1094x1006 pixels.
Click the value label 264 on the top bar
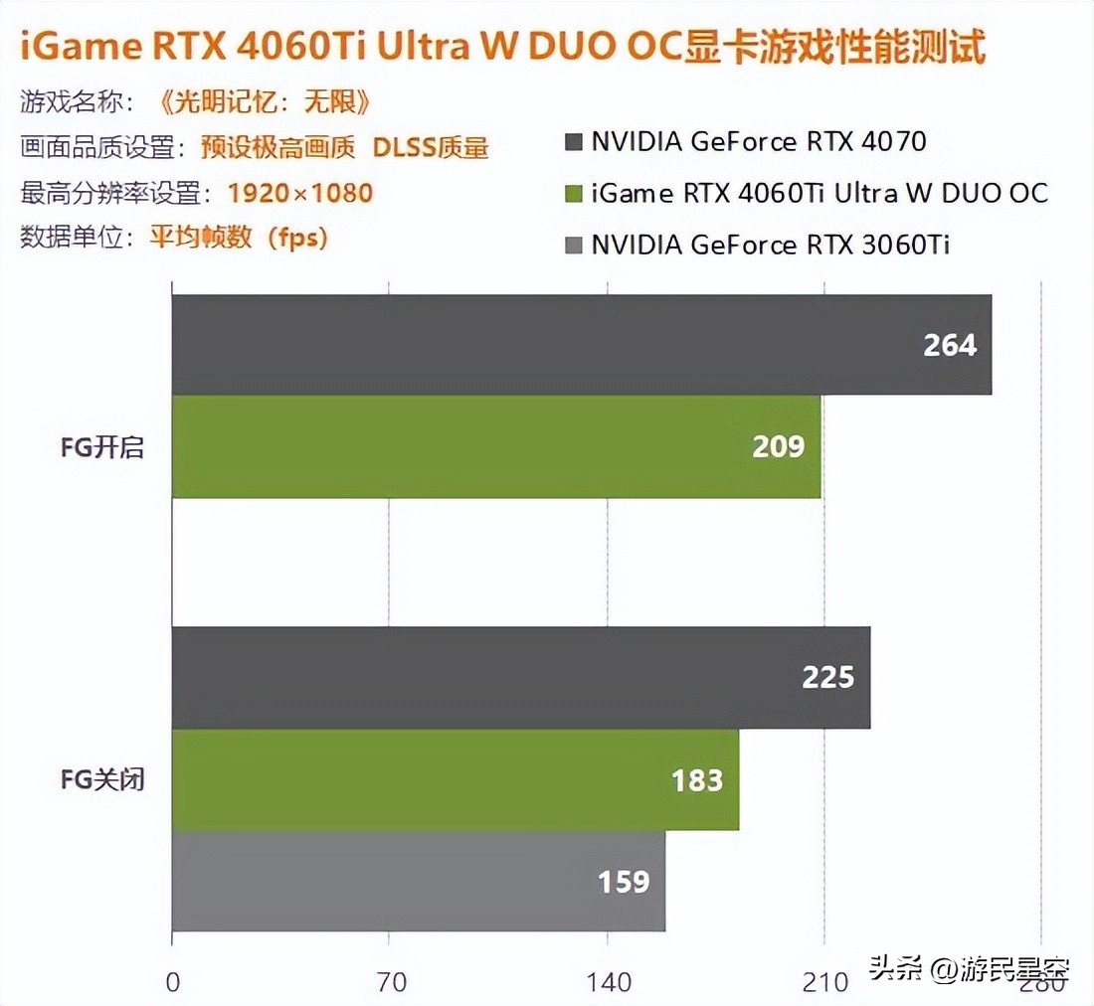(950, 345)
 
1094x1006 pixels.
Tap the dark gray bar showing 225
(520, 677)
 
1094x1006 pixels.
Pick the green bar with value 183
(455, 779)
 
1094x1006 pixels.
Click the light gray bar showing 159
(418, 881)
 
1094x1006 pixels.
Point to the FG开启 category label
(102, 447)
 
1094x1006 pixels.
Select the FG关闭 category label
(102, 779)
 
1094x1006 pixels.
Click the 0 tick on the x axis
(173, 983)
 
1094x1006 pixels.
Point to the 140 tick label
(608, 983)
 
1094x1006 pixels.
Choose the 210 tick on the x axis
(824, 983)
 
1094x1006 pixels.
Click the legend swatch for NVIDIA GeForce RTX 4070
(573, 141)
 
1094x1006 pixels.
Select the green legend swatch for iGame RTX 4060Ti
(573, 192)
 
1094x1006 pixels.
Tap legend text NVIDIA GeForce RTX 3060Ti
(771, 244)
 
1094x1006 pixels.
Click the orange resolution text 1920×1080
(299, 192)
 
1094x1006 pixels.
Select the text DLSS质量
(431, 147)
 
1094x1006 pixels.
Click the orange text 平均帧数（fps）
(239, 239)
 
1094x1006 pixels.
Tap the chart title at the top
(502, 48)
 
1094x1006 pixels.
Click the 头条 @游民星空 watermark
(969, 968)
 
